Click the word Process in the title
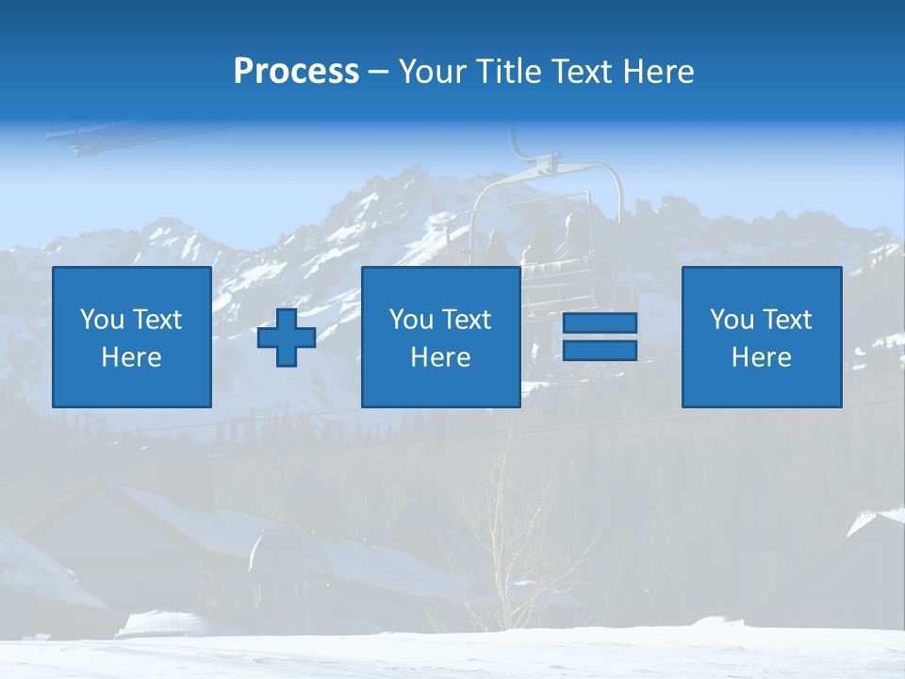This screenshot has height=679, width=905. click(296, 72)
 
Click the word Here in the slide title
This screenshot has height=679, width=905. click(658, 72)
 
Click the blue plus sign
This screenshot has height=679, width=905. click(287, 338)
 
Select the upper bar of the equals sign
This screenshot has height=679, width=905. click(600, 323)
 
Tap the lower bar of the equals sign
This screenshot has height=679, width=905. click(600, 351)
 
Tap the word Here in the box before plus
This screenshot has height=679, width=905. click(132, 357)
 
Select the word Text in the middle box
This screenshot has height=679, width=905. click(468, 320)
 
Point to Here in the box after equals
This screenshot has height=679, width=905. click(761, 357)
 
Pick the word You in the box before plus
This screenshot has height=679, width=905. click(102, 320)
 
